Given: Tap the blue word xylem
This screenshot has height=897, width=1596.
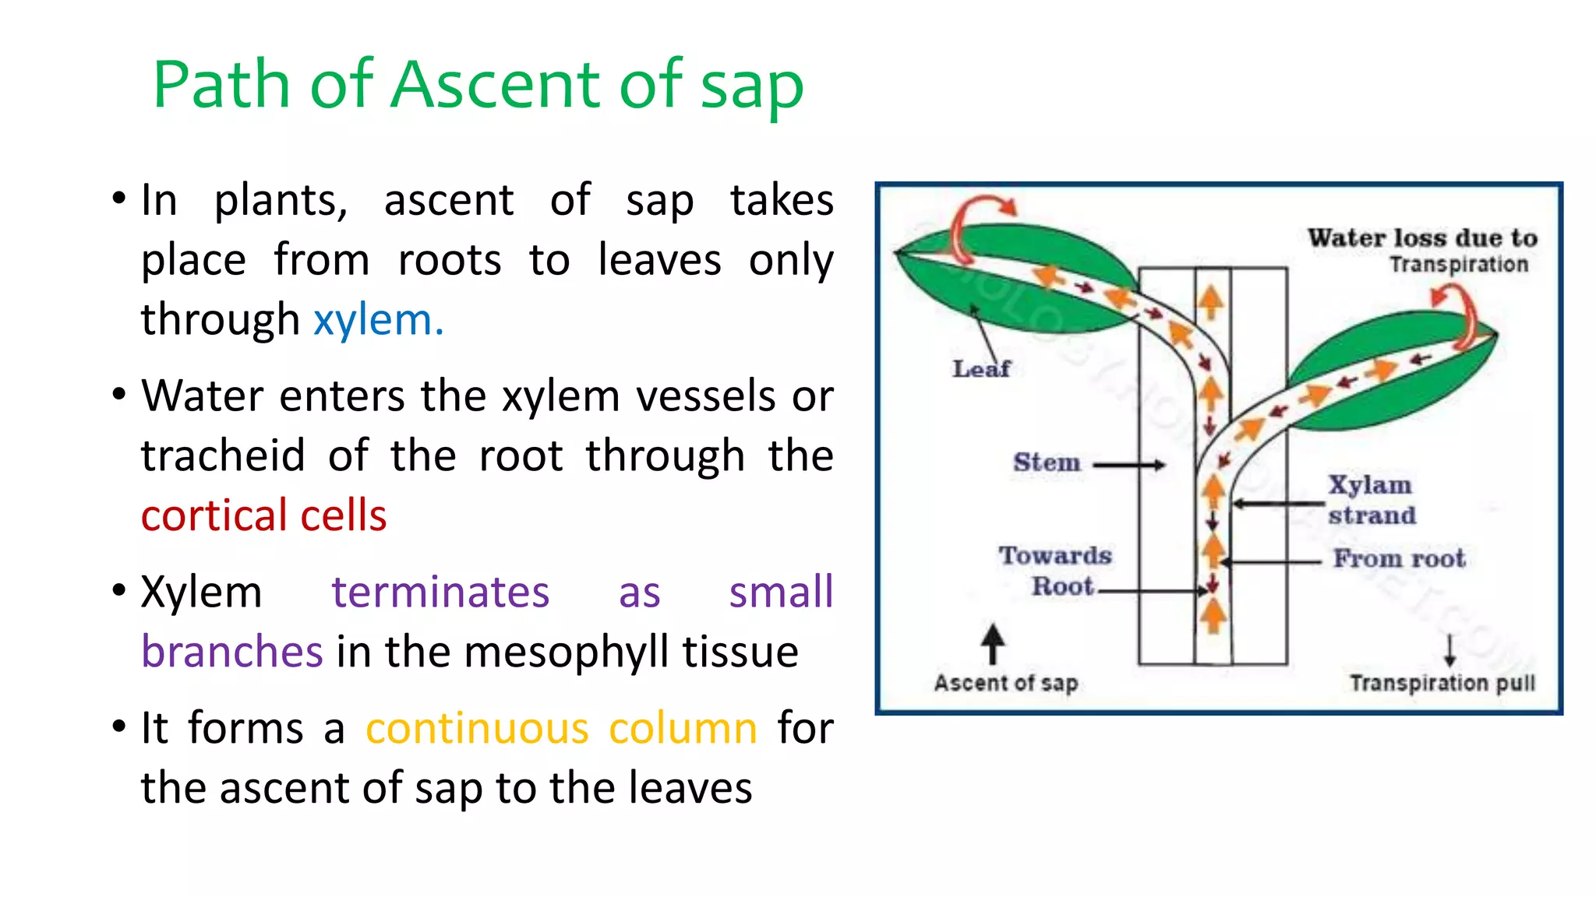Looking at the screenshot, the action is [378, 320].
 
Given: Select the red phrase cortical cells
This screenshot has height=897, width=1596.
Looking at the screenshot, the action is [263, 515].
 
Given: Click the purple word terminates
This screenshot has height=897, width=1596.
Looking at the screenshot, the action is [440, 592].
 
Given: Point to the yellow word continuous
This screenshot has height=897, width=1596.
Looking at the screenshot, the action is [477, 729].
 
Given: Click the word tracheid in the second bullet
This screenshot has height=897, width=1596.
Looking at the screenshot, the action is [223, 456].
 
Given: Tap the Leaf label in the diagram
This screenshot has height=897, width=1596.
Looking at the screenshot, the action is [980, 368].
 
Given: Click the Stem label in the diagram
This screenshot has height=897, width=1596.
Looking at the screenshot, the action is [1047, 463].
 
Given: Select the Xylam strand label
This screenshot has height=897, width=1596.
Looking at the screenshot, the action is [1372, 500].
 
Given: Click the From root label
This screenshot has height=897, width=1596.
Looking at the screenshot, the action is [1399, 558].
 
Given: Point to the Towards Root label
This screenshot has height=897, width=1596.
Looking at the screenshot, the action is [1056, 571].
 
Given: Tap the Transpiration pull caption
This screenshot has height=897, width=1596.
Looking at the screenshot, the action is [1442, 683].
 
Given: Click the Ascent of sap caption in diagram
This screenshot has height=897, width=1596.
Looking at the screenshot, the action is [1005, 683].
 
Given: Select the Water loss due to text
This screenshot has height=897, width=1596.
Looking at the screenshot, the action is [1422, 237].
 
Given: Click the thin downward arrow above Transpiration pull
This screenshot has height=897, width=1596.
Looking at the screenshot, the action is [1449, 649].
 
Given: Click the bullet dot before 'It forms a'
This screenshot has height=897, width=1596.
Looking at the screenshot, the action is [118, 726].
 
